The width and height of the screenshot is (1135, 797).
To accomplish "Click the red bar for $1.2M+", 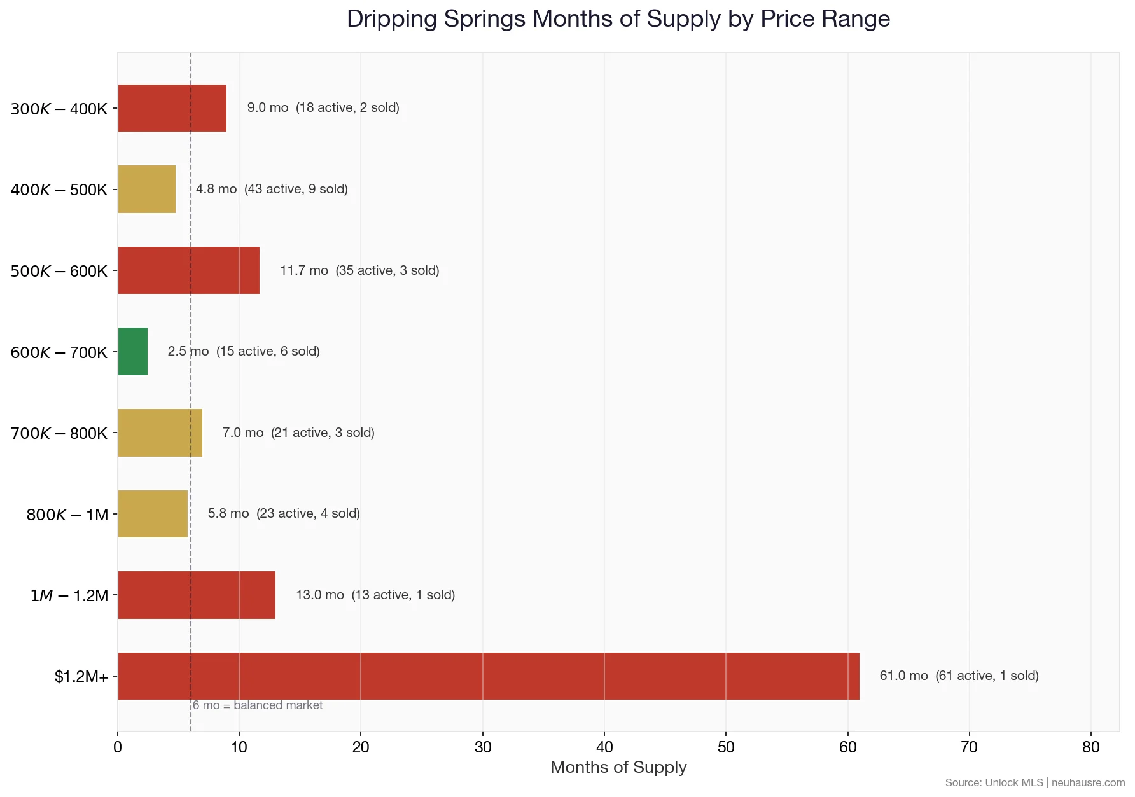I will [488, 676].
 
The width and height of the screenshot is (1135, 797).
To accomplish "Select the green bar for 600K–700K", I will [133, 352].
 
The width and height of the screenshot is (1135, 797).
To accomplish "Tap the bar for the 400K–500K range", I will [147, 190].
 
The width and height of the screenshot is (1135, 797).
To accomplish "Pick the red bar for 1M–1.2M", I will [197, 595].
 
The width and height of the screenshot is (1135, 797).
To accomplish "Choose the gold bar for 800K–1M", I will [153, 514].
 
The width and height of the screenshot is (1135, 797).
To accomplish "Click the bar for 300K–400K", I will [172, 108].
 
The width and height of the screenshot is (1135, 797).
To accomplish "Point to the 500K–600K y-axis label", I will [59, 271].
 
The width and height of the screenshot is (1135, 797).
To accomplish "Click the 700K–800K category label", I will [59, 433].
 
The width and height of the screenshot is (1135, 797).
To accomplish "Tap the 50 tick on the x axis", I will [726, 747].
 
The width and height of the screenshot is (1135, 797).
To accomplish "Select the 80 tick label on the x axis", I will [1090, 747].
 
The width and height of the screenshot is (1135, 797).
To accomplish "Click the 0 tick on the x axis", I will [118, 747].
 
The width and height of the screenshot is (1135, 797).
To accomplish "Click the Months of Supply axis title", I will [618, 767].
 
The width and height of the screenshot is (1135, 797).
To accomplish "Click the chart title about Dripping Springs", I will [618, 19].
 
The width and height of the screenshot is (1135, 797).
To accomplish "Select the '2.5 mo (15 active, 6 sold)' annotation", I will [244, 351].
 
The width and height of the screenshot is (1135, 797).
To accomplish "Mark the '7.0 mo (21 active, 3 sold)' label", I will [298, 433].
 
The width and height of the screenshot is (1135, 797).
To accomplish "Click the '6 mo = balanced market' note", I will [258, 705].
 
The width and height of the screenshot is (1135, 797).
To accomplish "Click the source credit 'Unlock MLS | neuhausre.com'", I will [1034, 782].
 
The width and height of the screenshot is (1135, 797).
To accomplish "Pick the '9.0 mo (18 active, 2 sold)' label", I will [323, 107].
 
